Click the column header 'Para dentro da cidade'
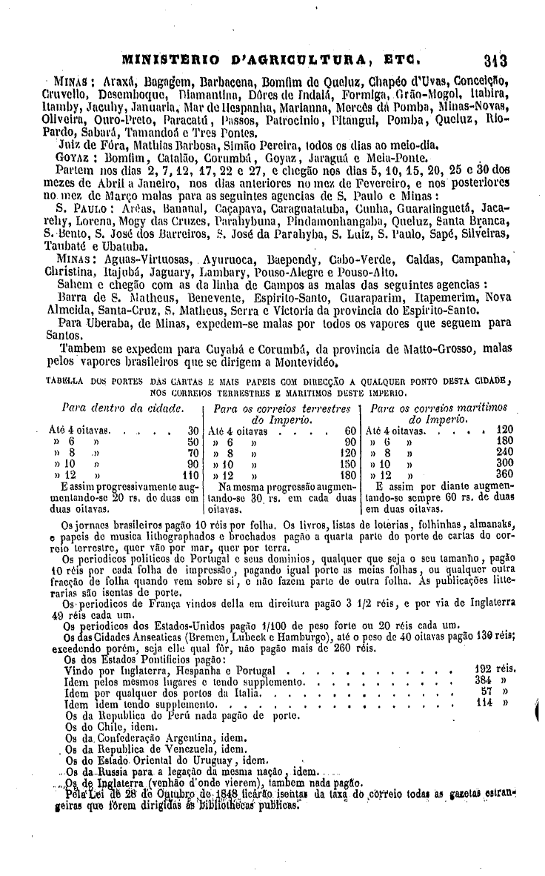121,408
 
